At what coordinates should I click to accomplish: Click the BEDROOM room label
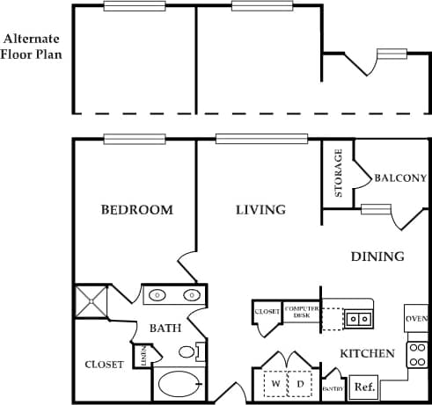click(x=136, y=210)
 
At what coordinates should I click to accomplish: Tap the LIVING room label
click(x=260, y=210)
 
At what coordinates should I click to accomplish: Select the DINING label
click(x=377, y=257)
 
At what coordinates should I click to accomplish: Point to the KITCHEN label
click(x=367, y=353)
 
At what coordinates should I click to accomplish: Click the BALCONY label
click(x=400, y=177)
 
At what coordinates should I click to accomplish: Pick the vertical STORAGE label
click(x=339, y=173)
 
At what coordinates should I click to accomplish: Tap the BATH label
click(x=165, y=329)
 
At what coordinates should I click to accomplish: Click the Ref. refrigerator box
click(x=363, y=387)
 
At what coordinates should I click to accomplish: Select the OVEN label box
click(x=416, y=319)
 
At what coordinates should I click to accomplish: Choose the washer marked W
click(x=275, y=384)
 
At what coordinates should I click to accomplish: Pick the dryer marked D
click(x=299, y=384)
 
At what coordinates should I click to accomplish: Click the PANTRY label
click(x=333, y=388)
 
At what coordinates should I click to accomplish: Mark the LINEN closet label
click(x=143, y=356)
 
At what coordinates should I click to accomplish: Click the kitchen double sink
click(x=358, y=318)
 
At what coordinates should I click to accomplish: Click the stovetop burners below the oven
click(x=417, y=354)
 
